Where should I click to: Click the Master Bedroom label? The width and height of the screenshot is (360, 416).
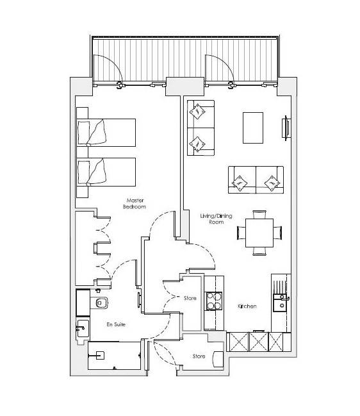(135, 203)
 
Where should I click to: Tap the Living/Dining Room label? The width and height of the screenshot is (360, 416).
(216, 219)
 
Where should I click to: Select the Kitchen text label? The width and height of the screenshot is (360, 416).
(247, 306)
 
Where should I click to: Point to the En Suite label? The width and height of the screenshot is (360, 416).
(116, 324)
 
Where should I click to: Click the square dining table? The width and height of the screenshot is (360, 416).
(259, 233)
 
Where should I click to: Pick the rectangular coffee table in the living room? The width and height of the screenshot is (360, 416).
(253, 128)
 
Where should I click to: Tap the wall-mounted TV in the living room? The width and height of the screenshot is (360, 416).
(286, 128)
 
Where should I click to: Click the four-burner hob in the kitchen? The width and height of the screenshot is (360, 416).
(214, 301)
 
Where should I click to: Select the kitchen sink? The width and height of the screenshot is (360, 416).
(280, 303)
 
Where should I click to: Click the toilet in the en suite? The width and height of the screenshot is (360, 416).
(100, 303)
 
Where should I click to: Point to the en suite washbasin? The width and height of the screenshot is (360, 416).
(83, 328)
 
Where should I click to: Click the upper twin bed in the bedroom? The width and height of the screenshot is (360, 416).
(106, 133)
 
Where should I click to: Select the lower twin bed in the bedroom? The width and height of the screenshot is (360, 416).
(106, 172)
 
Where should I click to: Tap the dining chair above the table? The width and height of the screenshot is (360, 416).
(259, 214)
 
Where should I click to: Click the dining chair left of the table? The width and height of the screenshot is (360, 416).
(241, 233)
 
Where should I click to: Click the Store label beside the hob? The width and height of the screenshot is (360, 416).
(190, 298)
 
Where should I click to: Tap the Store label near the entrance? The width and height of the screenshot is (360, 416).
(199, 356)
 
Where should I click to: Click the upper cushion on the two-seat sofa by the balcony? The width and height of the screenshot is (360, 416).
(197, 112)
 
